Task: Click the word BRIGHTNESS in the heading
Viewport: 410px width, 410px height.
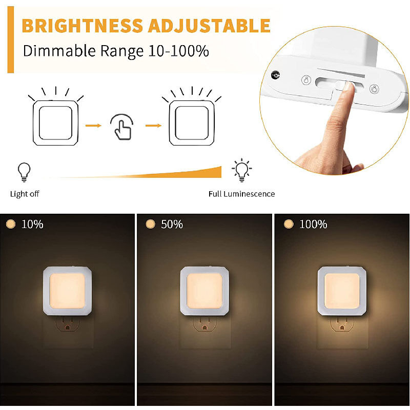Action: tap(83, 26)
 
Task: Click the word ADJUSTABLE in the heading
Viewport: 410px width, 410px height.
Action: tap(209, 26)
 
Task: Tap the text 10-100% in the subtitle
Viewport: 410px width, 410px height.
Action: tap(178, 51)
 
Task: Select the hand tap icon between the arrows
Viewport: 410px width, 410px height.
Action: tap(122, 127)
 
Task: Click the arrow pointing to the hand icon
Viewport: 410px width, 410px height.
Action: tap(93, 126)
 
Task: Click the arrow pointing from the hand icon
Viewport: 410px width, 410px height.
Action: tap(153, 126)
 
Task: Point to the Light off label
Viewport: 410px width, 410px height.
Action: tap(25, 194)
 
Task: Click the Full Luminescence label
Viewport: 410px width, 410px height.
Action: tap(241, 194)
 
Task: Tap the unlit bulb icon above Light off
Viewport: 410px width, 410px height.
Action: tap(24, 172)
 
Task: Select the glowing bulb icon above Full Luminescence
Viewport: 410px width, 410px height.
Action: tap(241, 170)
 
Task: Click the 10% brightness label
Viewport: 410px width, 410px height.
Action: tap(32, 224)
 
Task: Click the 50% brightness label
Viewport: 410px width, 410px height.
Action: tap(172, 224)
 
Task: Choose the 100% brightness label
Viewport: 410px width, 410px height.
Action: tap(313, 224)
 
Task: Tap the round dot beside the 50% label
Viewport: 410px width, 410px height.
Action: tap(150, 224)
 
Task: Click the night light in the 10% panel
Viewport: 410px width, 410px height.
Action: tap(67, 291)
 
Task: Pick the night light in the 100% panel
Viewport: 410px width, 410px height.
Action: tap(342, 291)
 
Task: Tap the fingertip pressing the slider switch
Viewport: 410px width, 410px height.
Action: tap(348, 87)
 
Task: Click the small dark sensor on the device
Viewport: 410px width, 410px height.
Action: tap(275, 75)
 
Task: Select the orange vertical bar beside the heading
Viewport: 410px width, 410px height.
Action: tap(10, 39)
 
